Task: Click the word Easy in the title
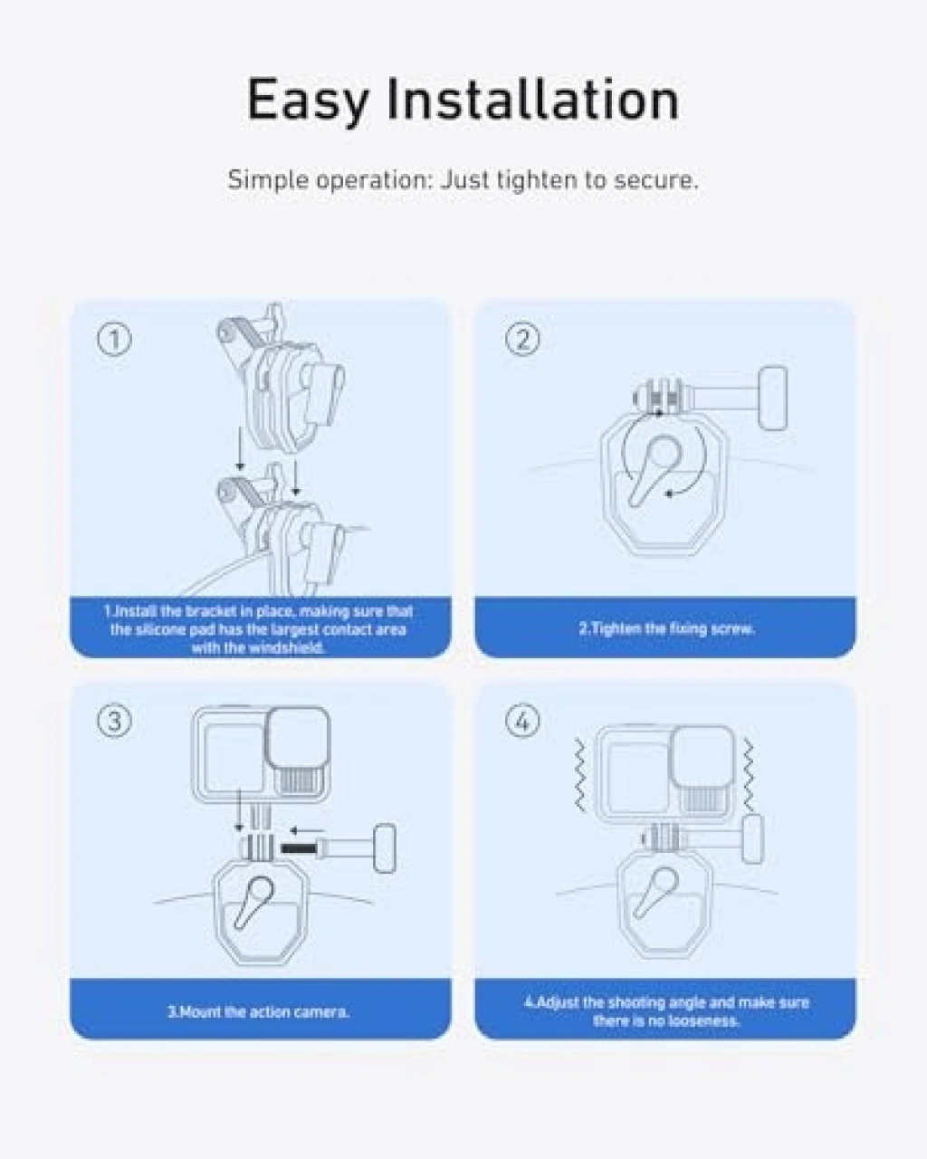click(308, 101)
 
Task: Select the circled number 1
click(114, 340)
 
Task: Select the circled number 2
click(522, 340)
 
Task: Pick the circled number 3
click(114, 721)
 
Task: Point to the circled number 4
click(522, 721)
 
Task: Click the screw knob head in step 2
click(773, 398)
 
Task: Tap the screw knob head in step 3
click(385, 848)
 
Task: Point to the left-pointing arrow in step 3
click(307, 830)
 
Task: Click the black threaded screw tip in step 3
click(298, 848)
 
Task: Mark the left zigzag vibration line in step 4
click(579, 774)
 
